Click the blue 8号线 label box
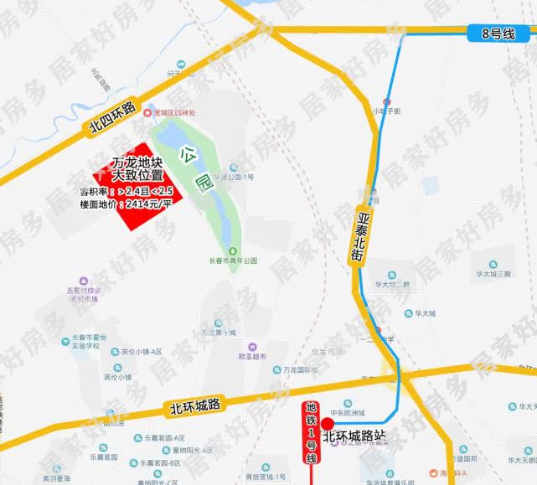point(497,34)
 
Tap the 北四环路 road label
point(111,120)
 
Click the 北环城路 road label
point(193,407)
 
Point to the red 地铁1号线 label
point(312,431)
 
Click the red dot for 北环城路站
point(327,424)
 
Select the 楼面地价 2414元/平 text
point(125,204)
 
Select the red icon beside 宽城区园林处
point(148,112)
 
